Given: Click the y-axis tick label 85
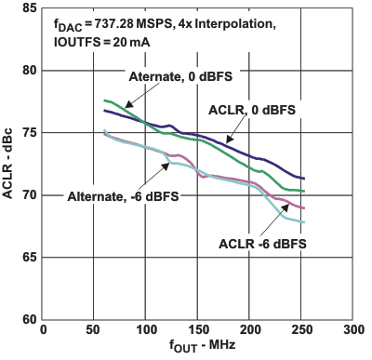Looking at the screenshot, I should pyautogui.click(x=29, y=7).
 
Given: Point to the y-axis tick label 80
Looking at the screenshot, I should pyautogui.click(x=29, y=70).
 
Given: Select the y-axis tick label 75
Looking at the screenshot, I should pyautogui.click(x=29, y=132).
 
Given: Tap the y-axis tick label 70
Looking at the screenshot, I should pyautogui.click(x=29, y=194).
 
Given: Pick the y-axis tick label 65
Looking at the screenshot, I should pyautogui.click(x=29, y=257).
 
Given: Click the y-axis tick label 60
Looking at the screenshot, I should pyautogui.click(x=29, y=319).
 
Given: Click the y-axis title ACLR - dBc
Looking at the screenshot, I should pyautogui.click(x=9, y=164).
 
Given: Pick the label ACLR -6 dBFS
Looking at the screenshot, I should pyautogui.click(x=263, y=244).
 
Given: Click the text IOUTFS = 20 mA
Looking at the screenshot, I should pyautogui.click(x=92, y=42).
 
